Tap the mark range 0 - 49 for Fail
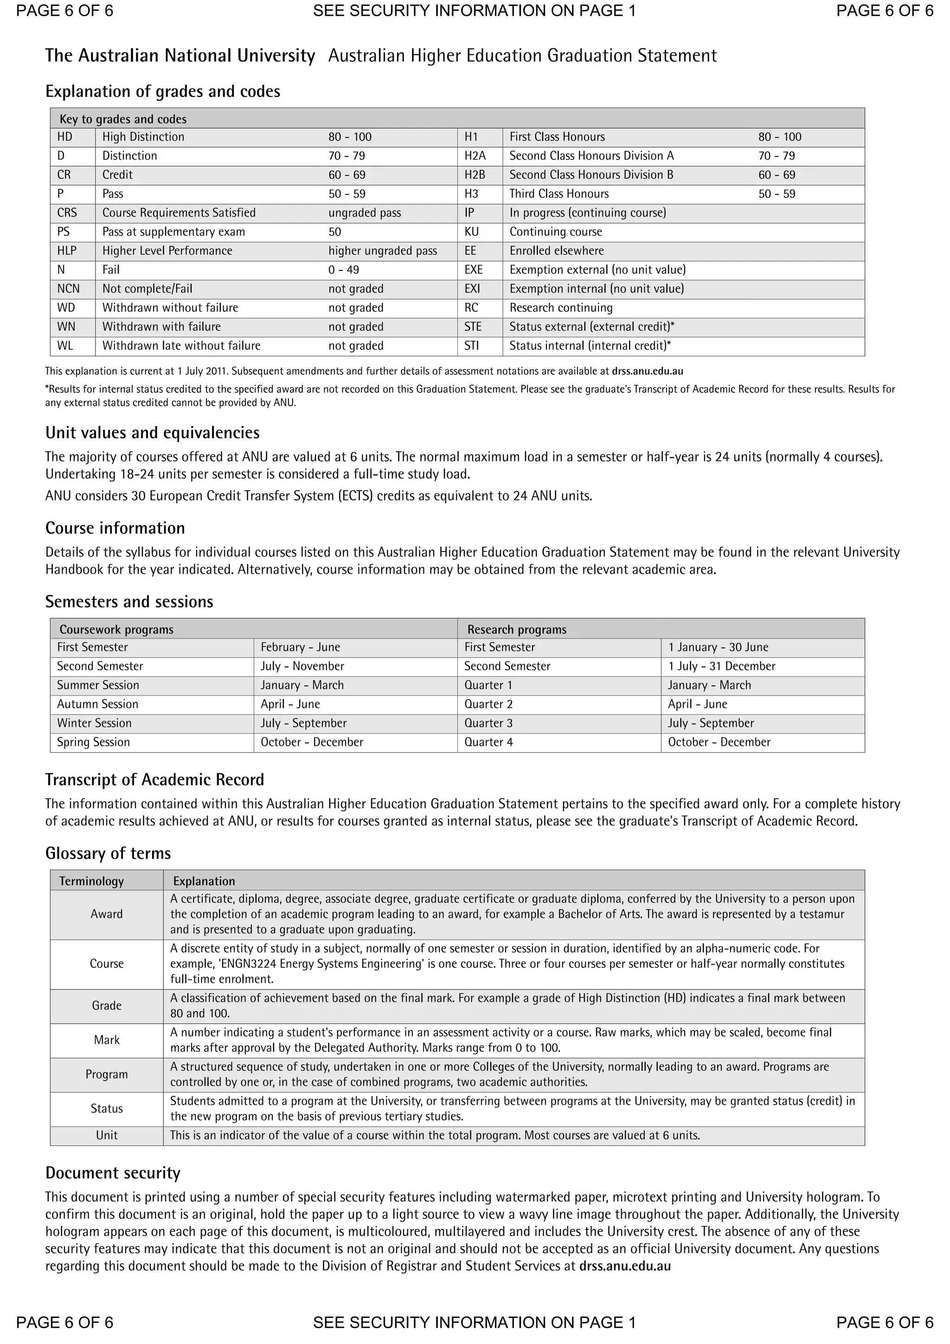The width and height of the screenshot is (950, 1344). (x=344, y=270)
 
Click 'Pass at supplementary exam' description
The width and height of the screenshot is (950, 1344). (x=173, y=232)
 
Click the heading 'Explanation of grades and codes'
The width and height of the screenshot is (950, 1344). (x=163, y=92)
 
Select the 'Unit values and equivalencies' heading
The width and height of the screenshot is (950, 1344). (x=152, y=433)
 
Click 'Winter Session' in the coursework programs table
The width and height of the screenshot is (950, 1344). (x=94, y=723)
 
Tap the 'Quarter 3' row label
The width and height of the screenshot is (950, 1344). (x=488, y=723)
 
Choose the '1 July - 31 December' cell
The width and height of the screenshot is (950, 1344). (x=721, y=666)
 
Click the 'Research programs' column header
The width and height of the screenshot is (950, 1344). (x=516, y=630)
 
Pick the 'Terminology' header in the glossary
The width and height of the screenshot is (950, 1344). (x=91, y=882)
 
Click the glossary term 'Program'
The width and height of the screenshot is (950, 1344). (x=107, y=1074)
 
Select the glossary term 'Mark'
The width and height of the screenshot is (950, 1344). (x=107, y=1040)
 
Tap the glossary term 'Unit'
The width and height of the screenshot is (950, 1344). (x=107, y=1136)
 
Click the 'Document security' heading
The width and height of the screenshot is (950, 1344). (x=113, y=1173)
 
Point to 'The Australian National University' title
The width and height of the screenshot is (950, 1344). (x=180, y=56)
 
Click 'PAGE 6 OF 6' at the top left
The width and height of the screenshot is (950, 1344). (x=64, y=11)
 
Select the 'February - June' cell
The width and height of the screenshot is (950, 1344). (x=300, y=647)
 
